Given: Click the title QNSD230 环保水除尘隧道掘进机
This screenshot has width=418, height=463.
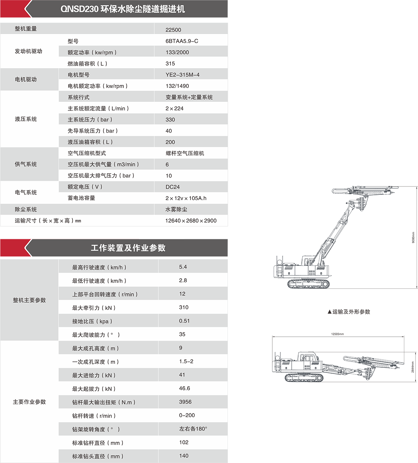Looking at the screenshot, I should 123,9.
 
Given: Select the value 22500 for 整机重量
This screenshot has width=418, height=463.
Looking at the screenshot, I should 173,30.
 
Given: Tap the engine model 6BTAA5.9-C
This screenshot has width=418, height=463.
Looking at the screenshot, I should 182,41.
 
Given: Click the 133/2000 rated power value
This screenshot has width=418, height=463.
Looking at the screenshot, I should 177,52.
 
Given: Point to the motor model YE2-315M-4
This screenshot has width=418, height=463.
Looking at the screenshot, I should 182,75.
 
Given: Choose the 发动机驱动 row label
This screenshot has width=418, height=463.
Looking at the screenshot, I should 28,51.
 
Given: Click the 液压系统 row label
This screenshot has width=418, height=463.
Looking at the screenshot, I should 26,119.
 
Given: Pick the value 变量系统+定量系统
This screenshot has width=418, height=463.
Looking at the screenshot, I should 189,97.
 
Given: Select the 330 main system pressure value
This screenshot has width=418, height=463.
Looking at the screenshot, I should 170,119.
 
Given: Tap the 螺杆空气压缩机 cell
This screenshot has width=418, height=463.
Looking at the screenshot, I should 185,153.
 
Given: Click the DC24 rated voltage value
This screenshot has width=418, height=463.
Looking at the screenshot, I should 173,187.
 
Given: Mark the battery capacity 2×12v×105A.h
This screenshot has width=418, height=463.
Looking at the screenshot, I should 186,198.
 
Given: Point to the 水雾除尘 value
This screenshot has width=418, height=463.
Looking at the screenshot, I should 176,209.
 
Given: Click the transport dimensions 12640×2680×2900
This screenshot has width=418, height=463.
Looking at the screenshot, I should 191,221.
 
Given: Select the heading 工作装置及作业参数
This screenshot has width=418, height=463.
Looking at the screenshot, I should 128,248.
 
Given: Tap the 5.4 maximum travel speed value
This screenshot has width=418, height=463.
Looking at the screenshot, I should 183,267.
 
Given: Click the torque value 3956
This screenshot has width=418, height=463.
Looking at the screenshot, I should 185,402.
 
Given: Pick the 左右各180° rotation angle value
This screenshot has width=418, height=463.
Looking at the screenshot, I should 193,429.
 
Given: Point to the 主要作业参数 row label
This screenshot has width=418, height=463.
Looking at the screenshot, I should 29,402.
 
